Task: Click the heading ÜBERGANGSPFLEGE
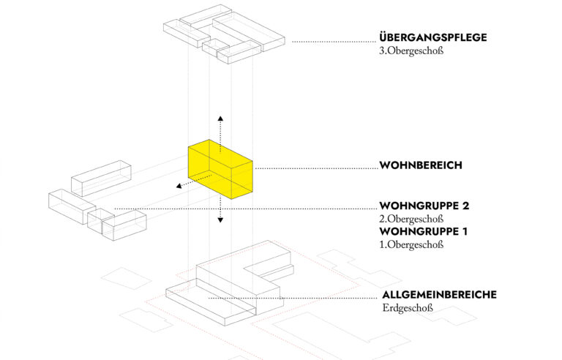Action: (x=433, y=37)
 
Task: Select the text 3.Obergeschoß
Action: (x=411, y=50)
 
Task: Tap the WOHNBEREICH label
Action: (x=421, y=165)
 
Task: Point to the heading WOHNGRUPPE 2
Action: (x=424, y=206)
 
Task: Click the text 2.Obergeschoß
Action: (x=411, y=219)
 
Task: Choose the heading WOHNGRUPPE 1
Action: (x=423, y=232)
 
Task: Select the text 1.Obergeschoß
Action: (x=411, y=244)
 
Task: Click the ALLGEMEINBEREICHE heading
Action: (x=439, y=295)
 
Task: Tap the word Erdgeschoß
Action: (x=408, y=308)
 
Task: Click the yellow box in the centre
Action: (x=220, y=169)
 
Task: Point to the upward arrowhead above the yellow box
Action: (x=220, y=119)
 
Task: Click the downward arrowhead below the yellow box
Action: (x=220, y=220)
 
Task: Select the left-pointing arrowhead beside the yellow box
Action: (x=179, y=186)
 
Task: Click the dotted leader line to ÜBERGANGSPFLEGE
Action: (x=334, y=42)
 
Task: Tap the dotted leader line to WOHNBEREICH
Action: (x=316, y=168)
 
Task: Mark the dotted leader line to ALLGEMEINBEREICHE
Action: (x=295, y=298)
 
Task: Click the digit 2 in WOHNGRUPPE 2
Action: (x=465, y=206)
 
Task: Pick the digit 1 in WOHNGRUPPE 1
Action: (x=465, y=232)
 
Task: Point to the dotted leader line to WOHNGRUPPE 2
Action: (x=246, y=209)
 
